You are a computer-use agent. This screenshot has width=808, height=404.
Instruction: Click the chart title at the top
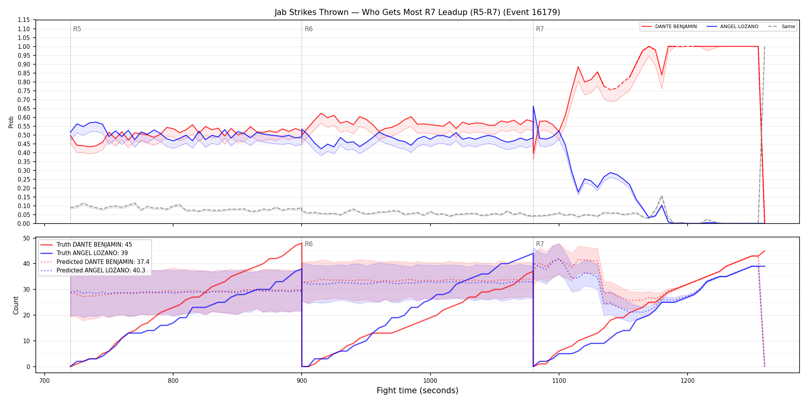[417, 12]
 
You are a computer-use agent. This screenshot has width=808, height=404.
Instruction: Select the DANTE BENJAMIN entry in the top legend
[669, 27]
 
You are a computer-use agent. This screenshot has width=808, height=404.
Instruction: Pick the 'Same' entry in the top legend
[781, 27]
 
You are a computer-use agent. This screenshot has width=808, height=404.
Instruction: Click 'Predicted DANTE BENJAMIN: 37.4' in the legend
[95, 262]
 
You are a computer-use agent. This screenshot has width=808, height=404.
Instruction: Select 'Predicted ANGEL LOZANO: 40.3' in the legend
[93, 270]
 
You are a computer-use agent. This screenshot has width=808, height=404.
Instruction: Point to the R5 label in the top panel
[77, 29]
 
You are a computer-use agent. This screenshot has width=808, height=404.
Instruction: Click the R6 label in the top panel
[309, 29]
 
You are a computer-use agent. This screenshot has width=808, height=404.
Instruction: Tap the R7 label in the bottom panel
[540, 244]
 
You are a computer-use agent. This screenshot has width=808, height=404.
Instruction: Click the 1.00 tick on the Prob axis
[23, 47]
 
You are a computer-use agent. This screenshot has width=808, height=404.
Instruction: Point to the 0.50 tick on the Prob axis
[23, 135]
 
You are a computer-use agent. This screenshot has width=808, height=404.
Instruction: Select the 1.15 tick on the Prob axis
[23, 20]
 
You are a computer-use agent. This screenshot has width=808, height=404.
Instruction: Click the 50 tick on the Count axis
[27, 238]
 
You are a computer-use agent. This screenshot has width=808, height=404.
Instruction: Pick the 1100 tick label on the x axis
[559, 381]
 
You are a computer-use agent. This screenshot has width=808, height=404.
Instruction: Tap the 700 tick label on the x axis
[45, 381]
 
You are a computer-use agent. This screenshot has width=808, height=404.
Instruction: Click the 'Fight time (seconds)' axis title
[417, 391]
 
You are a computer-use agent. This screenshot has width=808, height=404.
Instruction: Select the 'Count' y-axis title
[16, 305]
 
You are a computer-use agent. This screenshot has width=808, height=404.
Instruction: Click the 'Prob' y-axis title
[11, 122]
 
